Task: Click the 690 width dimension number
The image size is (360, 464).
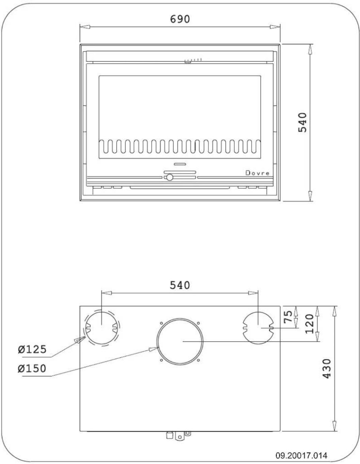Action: (x=180, y=19)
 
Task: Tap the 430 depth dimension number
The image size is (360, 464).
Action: (x=326, y=369)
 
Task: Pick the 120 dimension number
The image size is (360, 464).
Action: (x=310, y=324)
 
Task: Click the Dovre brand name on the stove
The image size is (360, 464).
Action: (x=257, y=173)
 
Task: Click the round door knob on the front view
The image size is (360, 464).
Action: (x=170, y=177)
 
